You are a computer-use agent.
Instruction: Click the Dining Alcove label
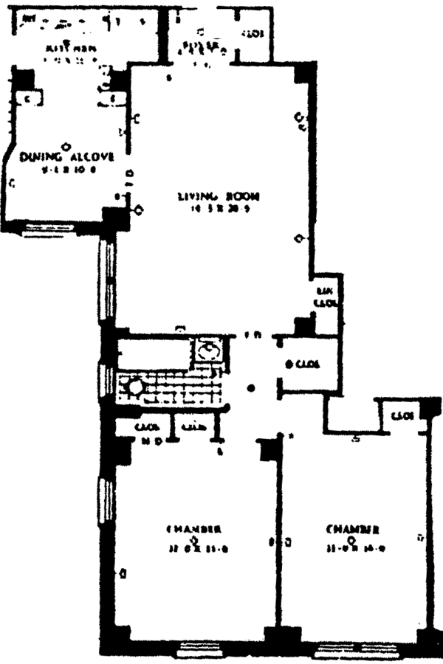[67, 156]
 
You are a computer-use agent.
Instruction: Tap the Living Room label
[209, 196]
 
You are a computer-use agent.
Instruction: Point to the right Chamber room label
[354, 529]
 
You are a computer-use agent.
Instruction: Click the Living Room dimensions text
[209, 208]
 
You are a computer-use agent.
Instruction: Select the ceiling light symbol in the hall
[252, 387]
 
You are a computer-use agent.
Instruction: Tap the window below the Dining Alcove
[52, 229]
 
